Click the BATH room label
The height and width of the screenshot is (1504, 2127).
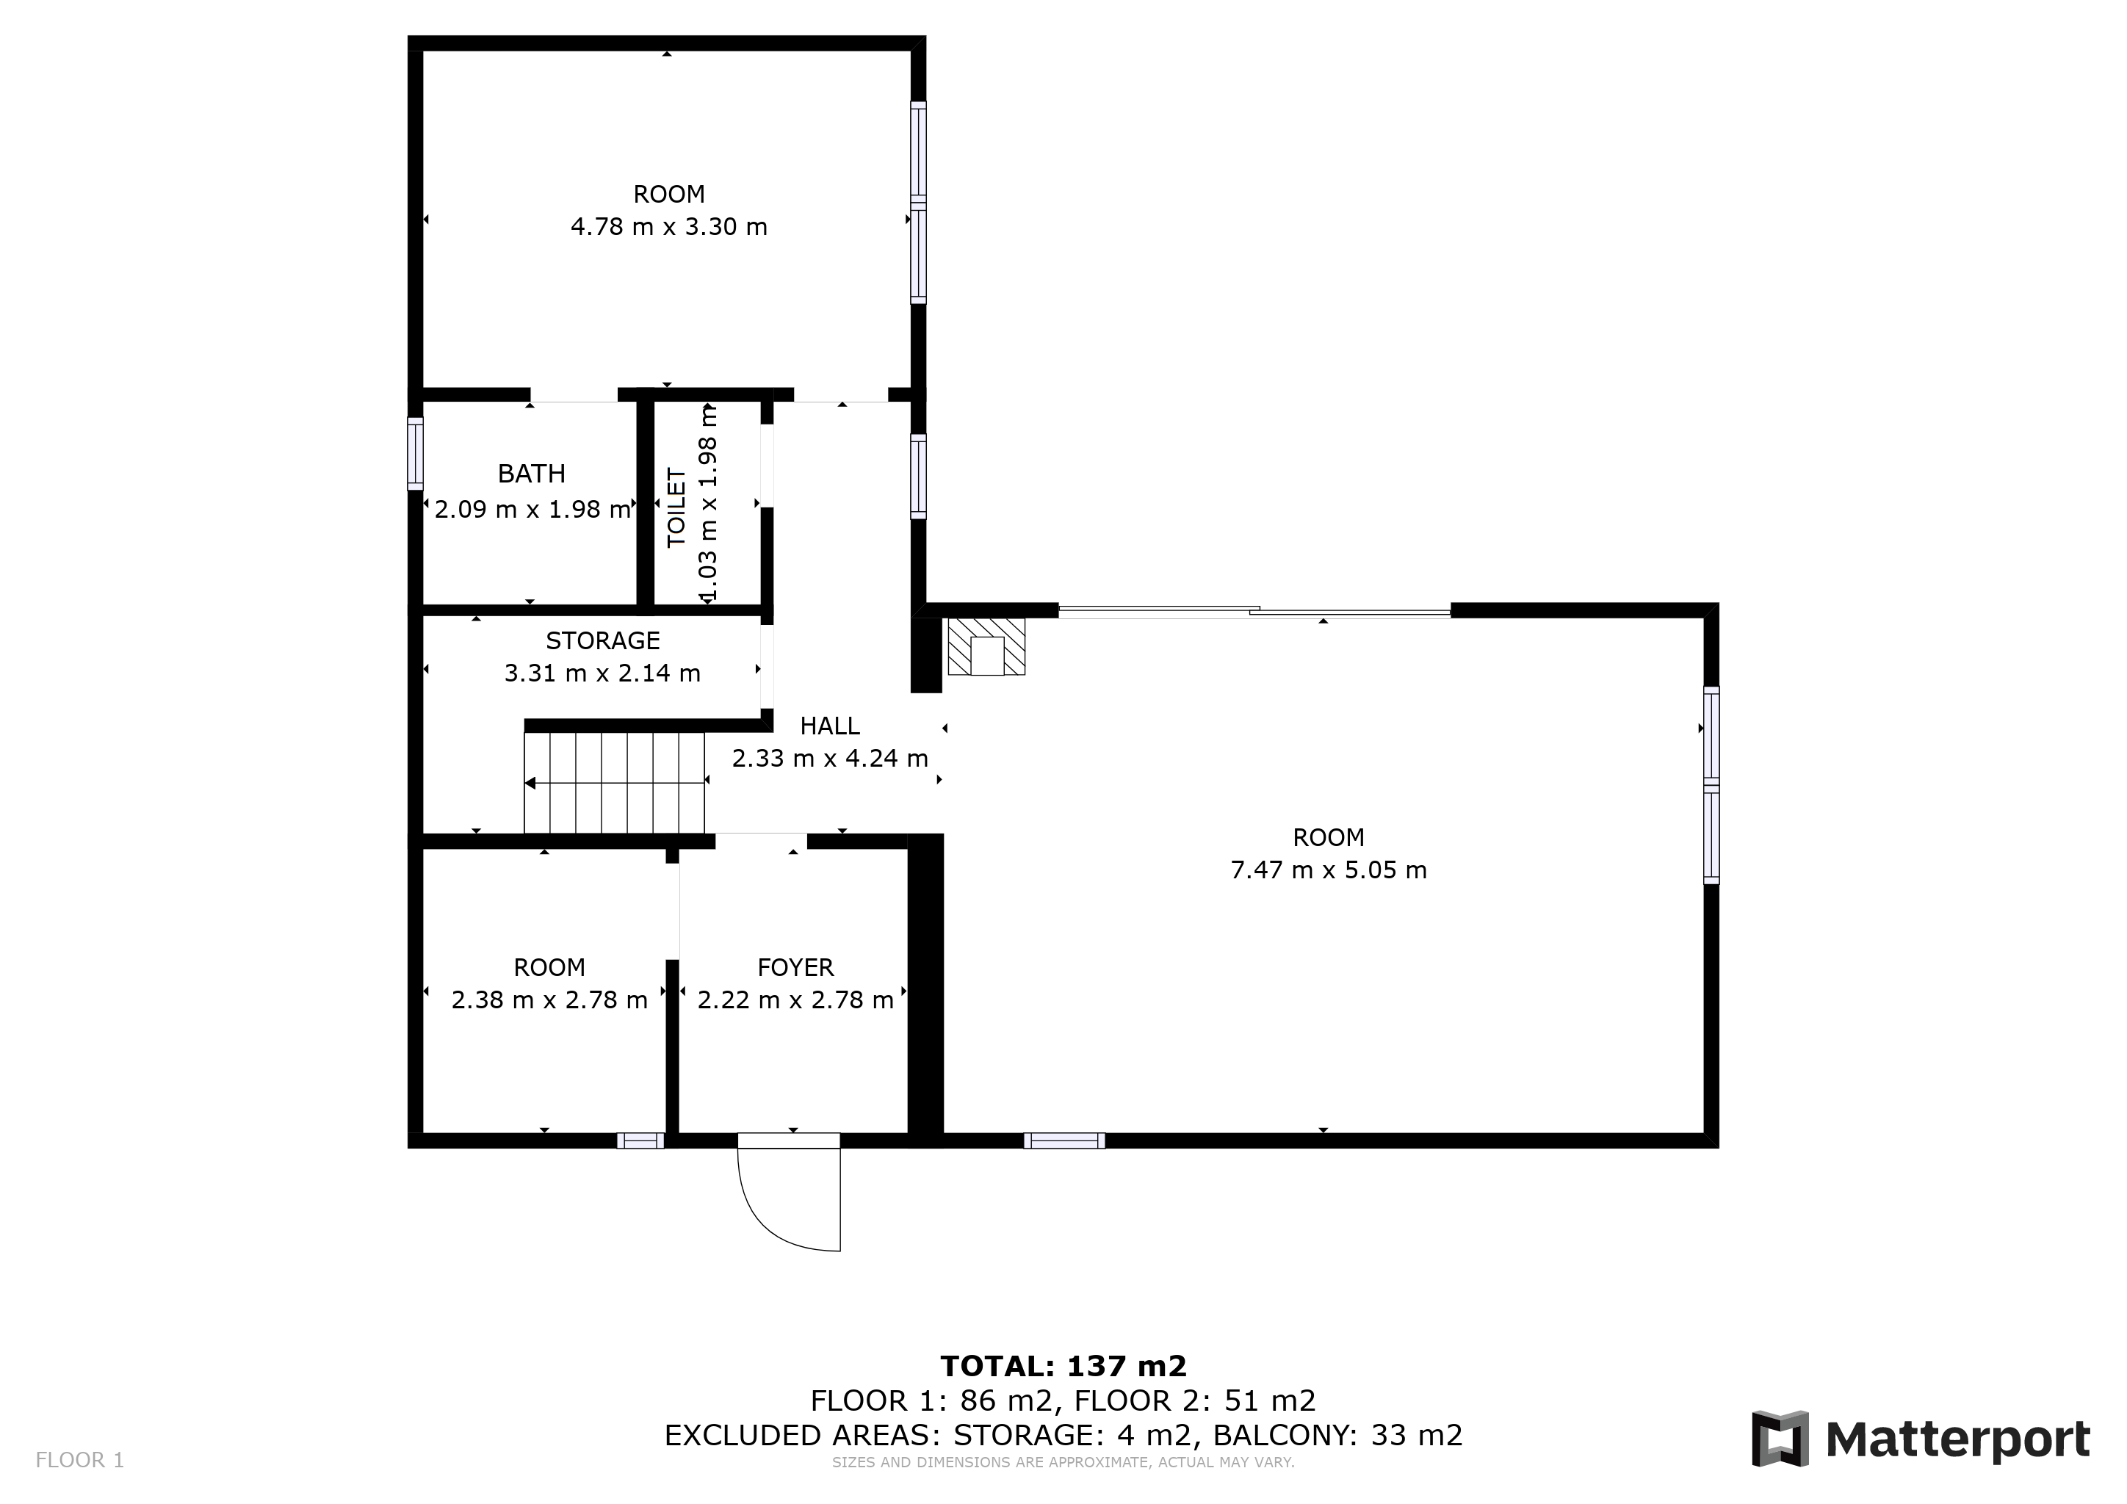coord(531,474)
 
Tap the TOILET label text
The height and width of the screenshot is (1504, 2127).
coord(677,508)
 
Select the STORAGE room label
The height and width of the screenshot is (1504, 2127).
coord(602,641)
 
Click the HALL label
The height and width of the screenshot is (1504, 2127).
coord(829,726)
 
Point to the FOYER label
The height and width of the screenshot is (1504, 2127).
coord(795,968)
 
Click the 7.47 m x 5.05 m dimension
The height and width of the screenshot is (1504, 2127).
coord(1329,870)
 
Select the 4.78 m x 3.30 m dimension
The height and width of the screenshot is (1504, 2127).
coord(669,227)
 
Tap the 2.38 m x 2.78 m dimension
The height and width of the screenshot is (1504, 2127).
coord(549,1000)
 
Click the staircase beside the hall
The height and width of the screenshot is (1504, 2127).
coord(614,784)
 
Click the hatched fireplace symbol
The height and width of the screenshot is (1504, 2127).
coord(986,646)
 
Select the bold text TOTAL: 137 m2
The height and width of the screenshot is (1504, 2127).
coord(1063,1366)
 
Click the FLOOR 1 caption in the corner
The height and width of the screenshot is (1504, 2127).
coord(79,1461)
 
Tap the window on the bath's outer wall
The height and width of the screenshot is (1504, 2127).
coord(416,454)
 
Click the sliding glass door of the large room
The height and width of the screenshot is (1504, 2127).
coord(1254,610)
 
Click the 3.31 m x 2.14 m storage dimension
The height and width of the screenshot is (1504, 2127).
coord(602,673)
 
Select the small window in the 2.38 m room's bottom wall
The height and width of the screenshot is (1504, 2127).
coord(641,1141)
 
